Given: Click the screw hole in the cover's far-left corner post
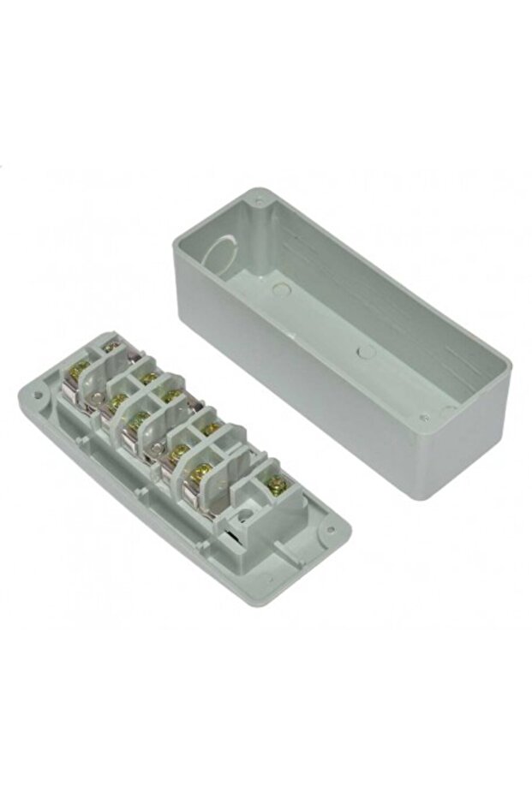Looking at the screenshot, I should click(x=259, y=204).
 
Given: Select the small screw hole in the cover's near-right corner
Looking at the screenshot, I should click(x=424, y=418).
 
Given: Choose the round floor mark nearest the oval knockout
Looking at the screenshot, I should click(x=278, y=289).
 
